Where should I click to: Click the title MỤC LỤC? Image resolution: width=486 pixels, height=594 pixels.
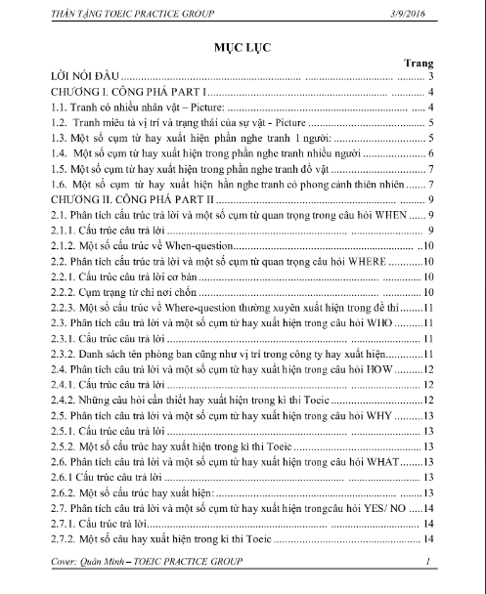pos(243,47)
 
